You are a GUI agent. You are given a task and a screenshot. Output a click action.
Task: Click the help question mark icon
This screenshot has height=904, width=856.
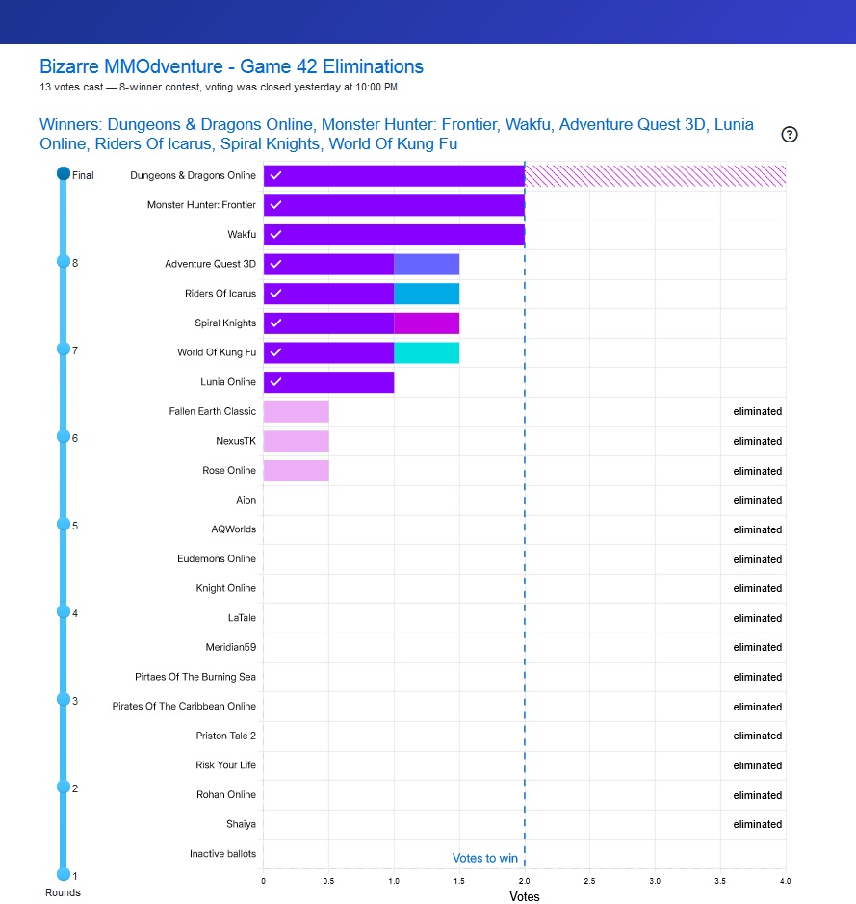click(x=790, y=135)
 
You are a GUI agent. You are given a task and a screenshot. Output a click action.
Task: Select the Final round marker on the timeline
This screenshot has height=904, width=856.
click(x=64, y=173)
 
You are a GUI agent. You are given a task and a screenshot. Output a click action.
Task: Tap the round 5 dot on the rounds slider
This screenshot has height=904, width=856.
click(x=64, y=524)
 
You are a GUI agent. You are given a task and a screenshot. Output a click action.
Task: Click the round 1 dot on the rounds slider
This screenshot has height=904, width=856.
click(x=64, y=874)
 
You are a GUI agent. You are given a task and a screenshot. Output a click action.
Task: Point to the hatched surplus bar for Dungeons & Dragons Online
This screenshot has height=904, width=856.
click(x=655, y=175)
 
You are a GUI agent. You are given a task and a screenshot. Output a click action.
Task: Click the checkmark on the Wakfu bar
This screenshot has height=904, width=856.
click(x=275, y=234)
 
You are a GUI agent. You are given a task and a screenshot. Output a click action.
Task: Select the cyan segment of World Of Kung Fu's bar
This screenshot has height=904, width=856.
click(x=427, y=352)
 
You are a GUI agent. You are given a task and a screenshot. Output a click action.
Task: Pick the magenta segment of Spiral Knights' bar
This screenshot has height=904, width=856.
click(x=427, y=323)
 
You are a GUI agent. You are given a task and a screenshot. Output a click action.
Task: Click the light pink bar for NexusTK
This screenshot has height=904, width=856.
click(x=296, y=441)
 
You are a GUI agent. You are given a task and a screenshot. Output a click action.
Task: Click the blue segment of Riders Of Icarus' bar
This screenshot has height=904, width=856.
click(x=427, y=294)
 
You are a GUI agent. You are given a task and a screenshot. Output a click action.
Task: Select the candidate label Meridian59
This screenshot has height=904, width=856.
click(x=230, y=647)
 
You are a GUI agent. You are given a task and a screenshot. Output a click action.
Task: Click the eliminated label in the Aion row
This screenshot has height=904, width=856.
click(x=757, y=500)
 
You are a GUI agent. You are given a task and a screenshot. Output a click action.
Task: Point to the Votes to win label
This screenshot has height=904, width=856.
click(x=485, y=858)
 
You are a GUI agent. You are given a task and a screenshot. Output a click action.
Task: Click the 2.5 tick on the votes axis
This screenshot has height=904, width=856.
click(x=589, y=881)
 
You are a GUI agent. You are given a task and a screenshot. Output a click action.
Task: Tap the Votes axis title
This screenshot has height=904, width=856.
click(x=524, y=896)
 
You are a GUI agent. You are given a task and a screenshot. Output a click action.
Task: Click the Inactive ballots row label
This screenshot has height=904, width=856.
click(x=222, y=854)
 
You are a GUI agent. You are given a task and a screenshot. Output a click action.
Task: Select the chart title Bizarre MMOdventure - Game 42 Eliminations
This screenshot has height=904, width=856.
click(x=231, y=66)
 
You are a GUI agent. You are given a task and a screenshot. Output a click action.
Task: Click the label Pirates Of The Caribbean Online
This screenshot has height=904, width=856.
click(x=184, y=706)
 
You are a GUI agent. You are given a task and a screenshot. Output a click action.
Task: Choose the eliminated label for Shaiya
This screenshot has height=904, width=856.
click(x=757, y=824)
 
